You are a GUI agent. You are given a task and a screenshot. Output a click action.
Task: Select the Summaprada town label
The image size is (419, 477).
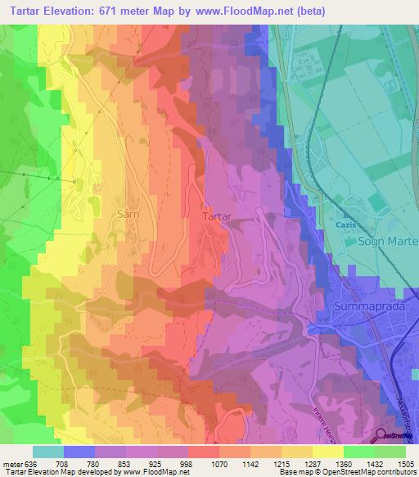tap(369, 306)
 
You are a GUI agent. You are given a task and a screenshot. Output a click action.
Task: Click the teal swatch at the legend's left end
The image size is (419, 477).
tap(47, 451)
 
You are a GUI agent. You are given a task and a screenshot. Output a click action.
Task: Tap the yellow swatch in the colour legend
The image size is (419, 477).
tap(327, 451)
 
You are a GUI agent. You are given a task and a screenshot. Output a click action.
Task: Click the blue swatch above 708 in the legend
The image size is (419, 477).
tap(79, 451)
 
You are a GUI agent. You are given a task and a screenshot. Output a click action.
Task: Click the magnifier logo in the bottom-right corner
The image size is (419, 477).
tap(382, 435)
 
